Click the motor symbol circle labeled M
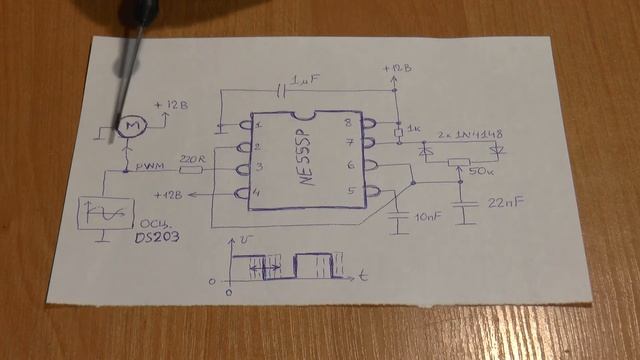coord(130,124)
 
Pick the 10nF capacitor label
coord(427,216)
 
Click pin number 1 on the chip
coord(258,127)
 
